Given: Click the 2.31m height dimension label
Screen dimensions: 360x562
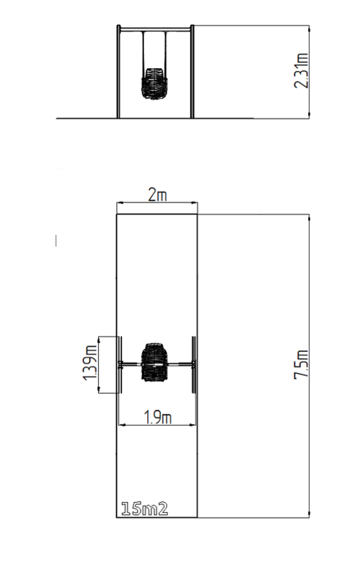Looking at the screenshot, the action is (301, 70).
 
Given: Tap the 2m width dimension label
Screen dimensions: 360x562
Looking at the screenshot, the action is (158, 195).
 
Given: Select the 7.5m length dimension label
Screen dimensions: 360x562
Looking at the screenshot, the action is (301, 364).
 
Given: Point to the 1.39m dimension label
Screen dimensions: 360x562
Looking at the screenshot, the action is (90, 363).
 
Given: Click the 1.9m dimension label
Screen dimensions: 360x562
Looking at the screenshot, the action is (158, 417).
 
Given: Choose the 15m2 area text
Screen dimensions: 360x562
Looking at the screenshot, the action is (144, 509).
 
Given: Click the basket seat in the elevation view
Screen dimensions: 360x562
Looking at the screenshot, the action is (154, 83).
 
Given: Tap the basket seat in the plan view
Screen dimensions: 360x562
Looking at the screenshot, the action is (155, 362).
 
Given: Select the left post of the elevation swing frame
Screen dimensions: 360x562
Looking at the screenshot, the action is (119, 72).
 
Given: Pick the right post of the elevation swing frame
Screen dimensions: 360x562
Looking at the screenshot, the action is (192, 72).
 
